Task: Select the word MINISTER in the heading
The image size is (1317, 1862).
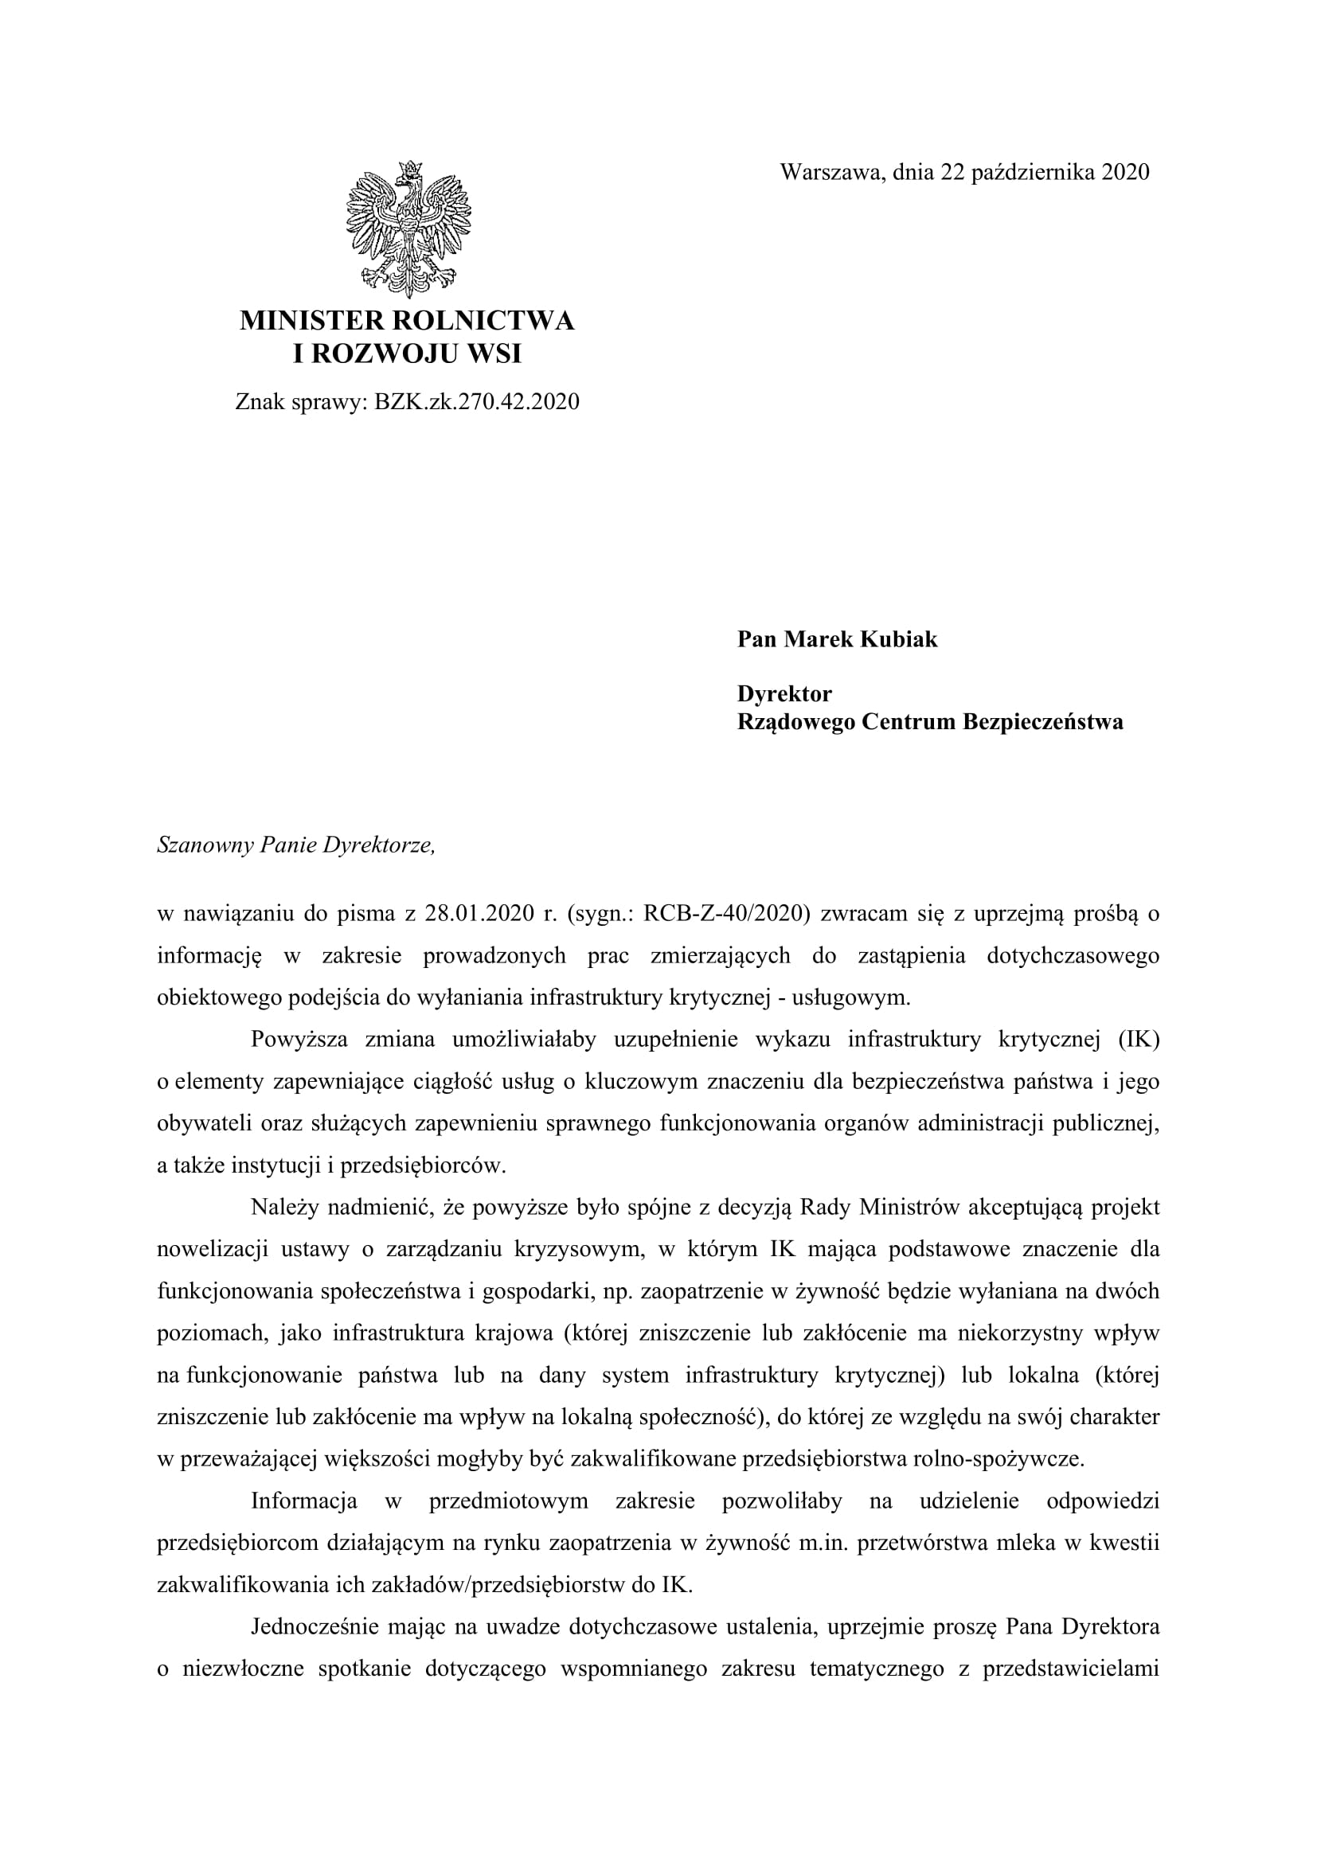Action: point(311,321)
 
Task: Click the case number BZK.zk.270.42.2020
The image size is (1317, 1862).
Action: point(477,402)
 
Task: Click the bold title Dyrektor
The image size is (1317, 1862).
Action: point(784,694)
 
